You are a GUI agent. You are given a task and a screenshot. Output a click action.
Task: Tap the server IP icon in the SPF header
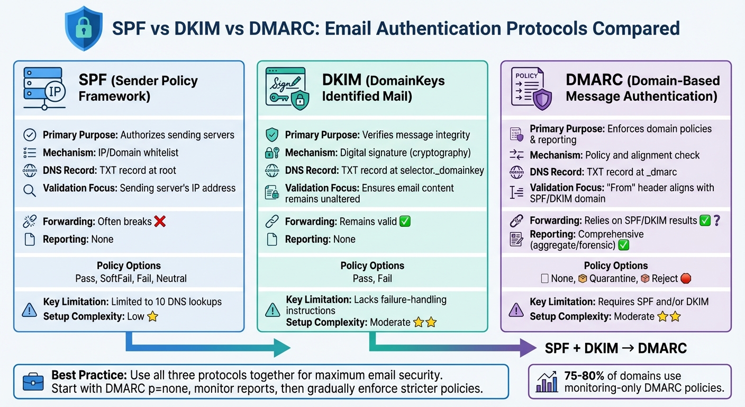pyautogui.click(x=44, y=88)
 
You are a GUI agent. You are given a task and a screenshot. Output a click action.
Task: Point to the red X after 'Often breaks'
pyautogui.click(x=159, y=222)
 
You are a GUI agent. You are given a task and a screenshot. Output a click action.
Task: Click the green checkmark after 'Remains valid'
pyautogui.click(x=405, y=222)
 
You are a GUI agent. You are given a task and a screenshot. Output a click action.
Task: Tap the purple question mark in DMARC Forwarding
pyautogui.click(x=717, y=220)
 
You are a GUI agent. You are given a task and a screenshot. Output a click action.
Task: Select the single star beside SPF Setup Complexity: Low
pyautogui.click(x=152, y=317)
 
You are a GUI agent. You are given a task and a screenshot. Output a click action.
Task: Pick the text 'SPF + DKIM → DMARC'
pyautogui.click(x=616, y=348)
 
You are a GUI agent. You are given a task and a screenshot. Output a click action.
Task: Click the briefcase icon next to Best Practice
pyautogui.click(x=33, y=382)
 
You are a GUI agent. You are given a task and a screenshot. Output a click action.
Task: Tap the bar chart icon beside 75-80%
pyautogui.click(x=547, y=382)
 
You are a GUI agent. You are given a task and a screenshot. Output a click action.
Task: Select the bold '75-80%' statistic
pyautogui.click(x=584, y=376)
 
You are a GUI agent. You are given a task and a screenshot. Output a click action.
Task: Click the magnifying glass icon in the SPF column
pyautogui.click(x=30, y=190)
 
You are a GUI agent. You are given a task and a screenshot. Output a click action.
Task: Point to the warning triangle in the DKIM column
pyautogui.click(x=272, y=309)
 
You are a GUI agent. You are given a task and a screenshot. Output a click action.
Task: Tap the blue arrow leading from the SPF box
pyautogui.click(x=206, y=347)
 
